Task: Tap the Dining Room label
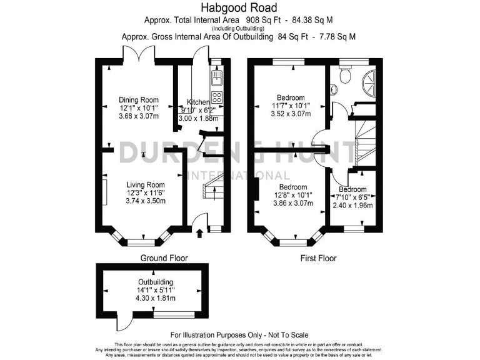click(139, 99)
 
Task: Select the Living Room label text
click(145, 184)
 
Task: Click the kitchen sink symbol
click(217, 78)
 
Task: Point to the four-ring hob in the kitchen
click(217, 97)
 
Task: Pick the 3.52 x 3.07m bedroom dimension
click(291, 114)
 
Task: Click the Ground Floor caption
click(162, 258)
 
